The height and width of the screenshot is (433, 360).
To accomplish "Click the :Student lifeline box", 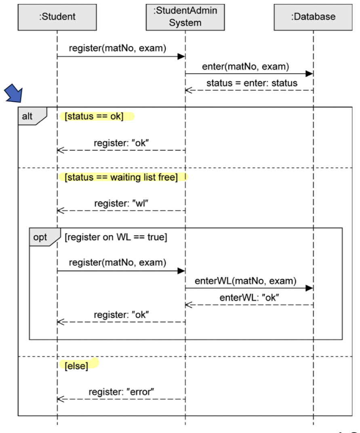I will pos(57,17).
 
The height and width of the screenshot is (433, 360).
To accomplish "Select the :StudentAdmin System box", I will pos(185,17).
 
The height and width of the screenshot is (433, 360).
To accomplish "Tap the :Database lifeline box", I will pos(313,17).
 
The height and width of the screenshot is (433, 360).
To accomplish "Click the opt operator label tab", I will pos(41,237).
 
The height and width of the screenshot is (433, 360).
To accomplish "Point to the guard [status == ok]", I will pos(94,116).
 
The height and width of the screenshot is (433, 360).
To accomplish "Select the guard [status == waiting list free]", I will pos(121,177).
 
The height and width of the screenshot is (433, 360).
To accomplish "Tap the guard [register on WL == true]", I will pos(116,237).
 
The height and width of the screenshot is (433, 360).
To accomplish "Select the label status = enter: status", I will pos(252,83).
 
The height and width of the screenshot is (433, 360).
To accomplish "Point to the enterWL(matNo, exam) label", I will pos(246,281).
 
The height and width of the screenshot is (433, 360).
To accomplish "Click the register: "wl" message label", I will pos(121,203).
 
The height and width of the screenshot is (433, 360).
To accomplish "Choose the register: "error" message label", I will pos(121,391).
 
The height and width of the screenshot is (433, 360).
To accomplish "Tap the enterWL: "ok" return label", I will pos(249,298).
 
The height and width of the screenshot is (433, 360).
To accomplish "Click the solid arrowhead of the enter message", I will pos(309,74).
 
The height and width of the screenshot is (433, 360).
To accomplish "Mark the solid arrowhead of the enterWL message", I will pos(309,288).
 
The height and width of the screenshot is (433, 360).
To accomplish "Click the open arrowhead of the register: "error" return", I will pos(60,399).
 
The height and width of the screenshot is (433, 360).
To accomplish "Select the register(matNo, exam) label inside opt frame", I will pos(118,263).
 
